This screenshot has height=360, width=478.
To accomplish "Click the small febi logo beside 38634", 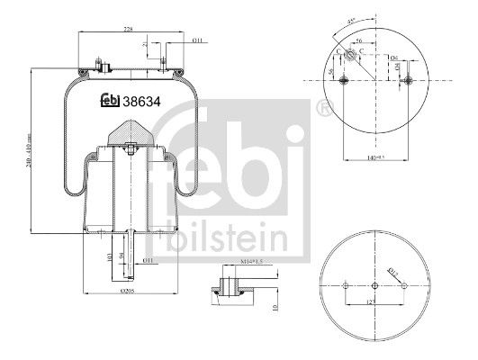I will pyautogui.click(x=110, y=102).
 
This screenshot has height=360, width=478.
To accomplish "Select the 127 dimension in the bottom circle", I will pyautogui.click(x=371, y=301).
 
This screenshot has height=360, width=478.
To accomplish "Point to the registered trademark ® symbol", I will pyautogui.click(x=322, y=108).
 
